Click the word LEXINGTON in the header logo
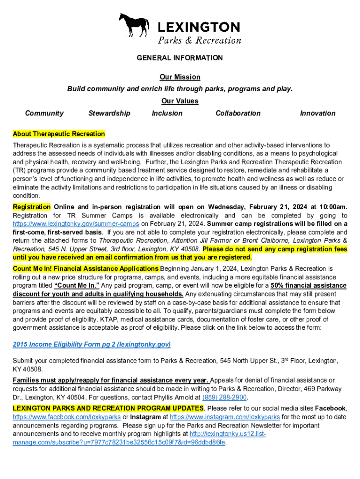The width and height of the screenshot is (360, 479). click(199, 27)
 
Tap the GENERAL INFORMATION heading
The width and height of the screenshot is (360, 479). click(180, 58)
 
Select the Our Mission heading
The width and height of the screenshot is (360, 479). click(180, 77)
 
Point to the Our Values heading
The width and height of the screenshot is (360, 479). click(180, 101)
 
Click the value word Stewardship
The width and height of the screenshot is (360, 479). click(109, 113)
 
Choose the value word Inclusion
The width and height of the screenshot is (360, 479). click(167, 113)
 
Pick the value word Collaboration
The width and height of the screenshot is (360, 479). click(238, 113)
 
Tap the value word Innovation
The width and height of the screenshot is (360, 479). click(317, 113)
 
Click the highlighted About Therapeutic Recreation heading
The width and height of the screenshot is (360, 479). click(59, 134)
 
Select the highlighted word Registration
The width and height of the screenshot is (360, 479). click(32, 207)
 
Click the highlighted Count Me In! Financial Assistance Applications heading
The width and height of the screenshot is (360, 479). click(86, 269)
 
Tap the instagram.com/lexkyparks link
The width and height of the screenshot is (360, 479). click(225, 417)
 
